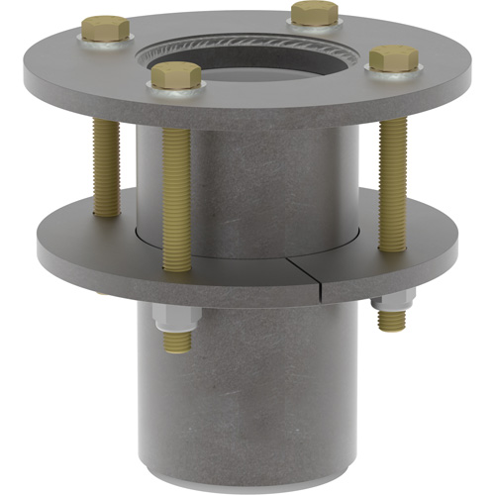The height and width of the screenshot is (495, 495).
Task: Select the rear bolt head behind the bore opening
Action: (x=315, y=13)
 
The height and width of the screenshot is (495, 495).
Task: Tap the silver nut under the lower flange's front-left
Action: (x=176, y=319)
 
